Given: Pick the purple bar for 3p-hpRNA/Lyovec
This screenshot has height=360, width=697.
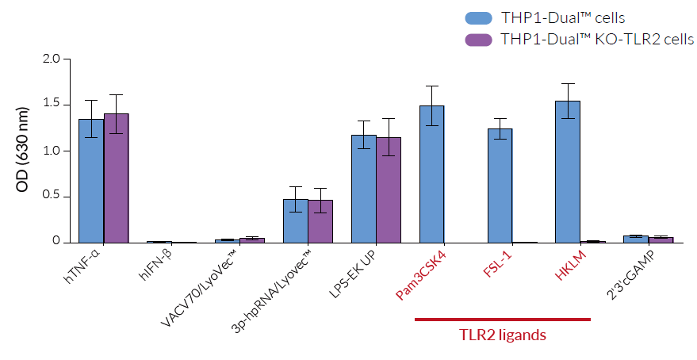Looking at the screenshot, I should [x=320, y=221].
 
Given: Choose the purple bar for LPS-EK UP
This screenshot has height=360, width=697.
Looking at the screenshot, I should [x=389, y=190].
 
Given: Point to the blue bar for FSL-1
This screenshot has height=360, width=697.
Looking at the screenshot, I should [x=500, y=186].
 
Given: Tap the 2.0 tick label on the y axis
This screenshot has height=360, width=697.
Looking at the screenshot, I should [x=51, y=59].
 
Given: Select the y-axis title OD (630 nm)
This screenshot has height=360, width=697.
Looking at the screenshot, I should [x=23, y=151].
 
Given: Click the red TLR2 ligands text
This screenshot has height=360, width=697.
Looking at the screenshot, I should [x=503, y=335].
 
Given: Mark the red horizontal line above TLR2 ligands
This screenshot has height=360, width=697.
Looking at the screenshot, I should [x=503, y=320].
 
